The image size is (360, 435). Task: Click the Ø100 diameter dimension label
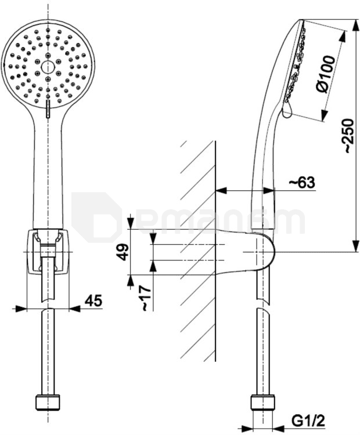click(326, 74)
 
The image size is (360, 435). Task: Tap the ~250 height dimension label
click(349, 136)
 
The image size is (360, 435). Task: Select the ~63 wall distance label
click(302, 183)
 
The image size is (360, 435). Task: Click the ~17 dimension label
click(146, 298)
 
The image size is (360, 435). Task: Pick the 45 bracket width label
click(93, 300)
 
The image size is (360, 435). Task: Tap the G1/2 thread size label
click(308, 422)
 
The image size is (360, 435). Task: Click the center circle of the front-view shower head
click(48, 67)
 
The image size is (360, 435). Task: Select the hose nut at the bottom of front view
click(48, 403)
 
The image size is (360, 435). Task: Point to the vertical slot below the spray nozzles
click(48, 109)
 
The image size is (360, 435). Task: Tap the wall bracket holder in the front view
click(48, 252)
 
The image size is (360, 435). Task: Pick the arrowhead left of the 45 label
click(21, 308)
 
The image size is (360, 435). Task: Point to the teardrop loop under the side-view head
click(287, 110)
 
